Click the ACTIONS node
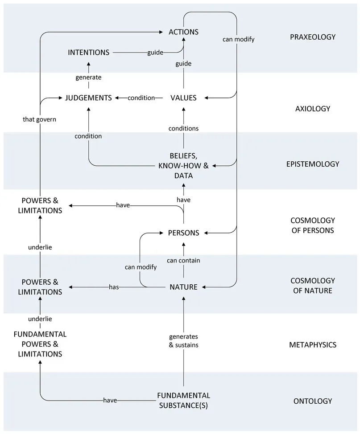click(x=183, y=32)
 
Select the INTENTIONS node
click(x=88, y=53)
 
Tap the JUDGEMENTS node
click(x=88, y=98)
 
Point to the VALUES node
click(x=183, y=98)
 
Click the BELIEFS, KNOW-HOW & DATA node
click(x=183, y=166)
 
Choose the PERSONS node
click(x=183, y=233)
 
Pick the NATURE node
click(x=183, y=287)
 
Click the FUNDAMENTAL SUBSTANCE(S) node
click(x=183, y=401)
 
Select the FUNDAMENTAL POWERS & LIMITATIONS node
click(x=40, y=344)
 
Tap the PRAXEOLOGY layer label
click(x=312, y=37)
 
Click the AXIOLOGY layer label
click(x=312, y=108)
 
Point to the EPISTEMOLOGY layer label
click(x=312, y=164)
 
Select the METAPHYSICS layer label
click(x=312, y=344)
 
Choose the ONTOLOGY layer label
click(x=312, y=401)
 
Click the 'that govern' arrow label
click(x=40, y=119)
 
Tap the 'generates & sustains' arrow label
click(x=183, y=340)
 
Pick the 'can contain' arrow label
click(x=183, y=260)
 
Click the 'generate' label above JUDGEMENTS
click(x=88, y=77)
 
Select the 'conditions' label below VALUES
click(x=183, y=128)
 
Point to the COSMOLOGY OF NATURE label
click(x=312, y=286)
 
